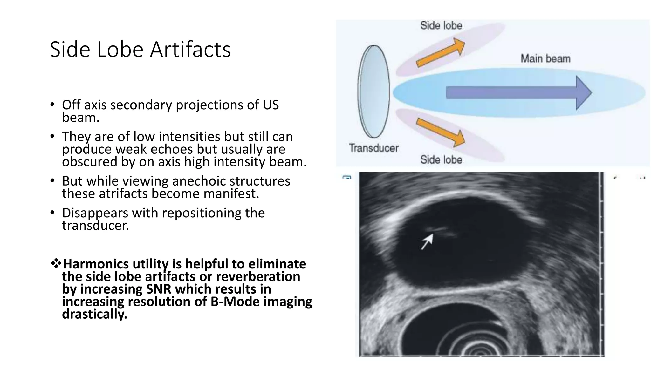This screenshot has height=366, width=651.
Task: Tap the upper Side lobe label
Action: coord(441,25)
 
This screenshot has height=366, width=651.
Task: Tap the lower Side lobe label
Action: coord(441,159)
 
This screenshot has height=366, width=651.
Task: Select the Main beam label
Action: coord(545,58)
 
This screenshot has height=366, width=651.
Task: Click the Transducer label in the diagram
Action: coord(373,148)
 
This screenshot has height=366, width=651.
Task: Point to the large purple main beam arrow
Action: coord(518,93)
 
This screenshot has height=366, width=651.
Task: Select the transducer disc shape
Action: coord(373,91)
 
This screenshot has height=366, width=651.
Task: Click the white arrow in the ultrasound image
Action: coord(427,241)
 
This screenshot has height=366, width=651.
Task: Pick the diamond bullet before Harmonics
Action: coord(56,263)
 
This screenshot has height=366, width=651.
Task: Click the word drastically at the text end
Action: coord(94,314)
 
